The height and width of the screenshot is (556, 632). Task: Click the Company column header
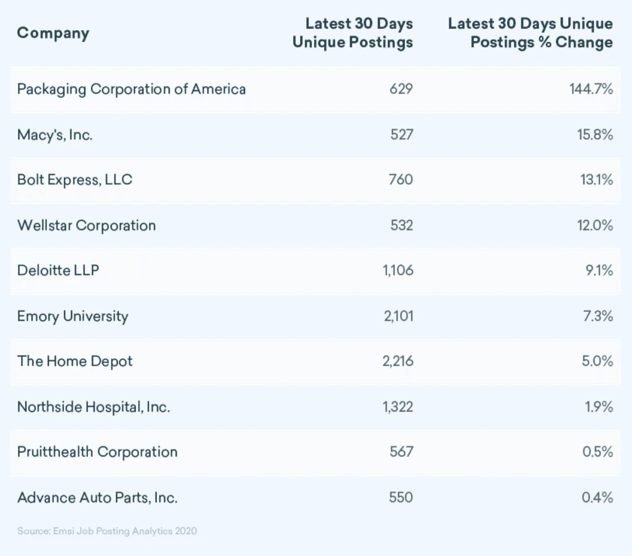[x=53, y=33]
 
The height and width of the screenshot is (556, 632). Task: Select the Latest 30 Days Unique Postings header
[x=353, y=33]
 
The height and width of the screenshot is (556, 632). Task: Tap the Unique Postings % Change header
[x=530, y=33]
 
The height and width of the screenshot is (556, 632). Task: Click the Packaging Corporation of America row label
[x=131, y=89]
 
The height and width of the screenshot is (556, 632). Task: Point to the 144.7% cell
[x=591, y=89]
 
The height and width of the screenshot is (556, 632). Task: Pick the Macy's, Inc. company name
[x=55, y=135]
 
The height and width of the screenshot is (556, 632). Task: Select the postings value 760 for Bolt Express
[x=401, y=180]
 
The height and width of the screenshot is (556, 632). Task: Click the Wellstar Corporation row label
[x=86, y=225]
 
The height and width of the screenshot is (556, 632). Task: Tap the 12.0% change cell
[x=595, y=225]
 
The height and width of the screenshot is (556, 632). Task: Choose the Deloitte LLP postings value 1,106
[x=398, y=270]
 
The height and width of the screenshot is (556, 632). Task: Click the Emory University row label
[x=72, y=316]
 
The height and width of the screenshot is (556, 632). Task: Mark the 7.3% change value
[x=598, y=316]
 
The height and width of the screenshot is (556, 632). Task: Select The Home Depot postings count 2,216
[x=398, y=361]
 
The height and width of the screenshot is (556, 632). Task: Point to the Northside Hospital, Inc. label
[x=93, y=407]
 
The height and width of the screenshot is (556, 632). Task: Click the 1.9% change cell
[x=599, y=407]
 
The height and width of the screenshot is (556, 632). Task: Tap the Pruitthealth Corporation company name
[x=97, y=452]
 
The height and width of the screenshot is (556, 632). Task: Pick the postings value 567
[x=401, y=452]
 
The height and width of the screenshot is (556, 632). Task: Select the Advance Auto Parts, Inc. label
[x=97, y=497]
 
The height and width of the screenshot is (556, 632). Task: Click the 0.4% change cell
[x=597, y=497]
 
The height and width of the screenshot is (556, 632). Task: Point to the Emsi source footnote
[x=107, y=531]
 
